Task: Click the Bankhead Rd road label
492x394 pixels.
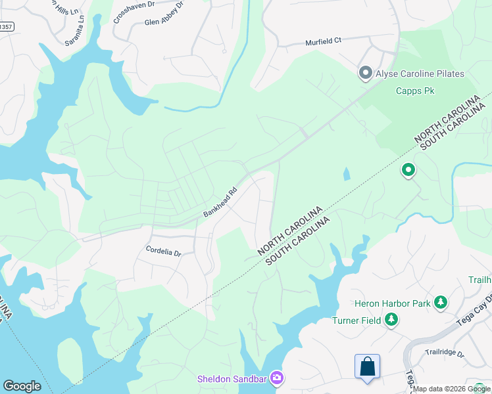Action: click(x=220, y=204)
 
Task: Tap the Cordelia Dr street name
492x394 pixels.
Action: click(x=163, y=251)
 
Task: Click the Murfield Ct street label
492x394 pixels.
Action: click(x=323, y=41)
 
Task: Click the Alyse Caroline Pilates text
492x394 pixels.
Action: click(x=420, y=74)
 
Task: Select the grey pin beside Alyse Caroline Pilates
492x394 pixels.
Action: click(x=365, y=73)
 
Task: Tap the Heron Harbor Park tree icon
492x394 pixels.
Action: click(x=440, y=303)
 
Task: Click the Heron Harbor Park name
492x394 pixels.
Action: click(x=392, y=303)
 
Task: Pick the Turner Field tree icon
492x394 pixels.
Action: click(x=392, y=319)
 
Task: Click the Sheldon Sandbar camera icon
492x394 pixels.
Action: click(x=277, y=378)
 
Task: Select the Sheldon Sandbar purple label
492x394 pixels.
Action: click(x=233, y=379)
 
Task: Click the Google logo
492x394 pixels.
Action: click(x=22, y=386)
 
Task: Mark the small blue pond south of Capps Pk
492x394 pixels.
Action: click(x=346, y=174)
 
